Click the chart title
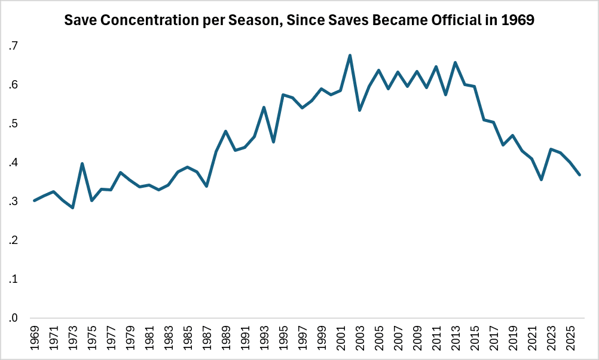[x=299, y=20]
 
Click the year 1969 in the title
[x=518, y=20]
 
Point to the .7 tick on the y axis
[x=13, y=46]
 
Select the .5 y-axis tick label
[x=13, y=124]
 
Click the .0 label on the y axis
[x=13, y=318]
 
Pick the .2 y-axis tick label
[x=13, y=240]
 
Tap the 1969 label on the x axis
[x=35, y=338]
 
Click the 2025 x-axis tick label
[x=570, y=338]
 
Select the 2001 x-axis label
[x=341, y=338]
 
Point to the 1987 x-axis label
[x=207, y=338]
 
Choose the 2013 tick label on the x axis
[x=456, y=338]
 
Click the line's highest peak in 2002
[x=350, y=56]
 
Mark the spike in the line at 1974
[x=82, y=164]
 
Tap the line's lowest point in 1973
[x=72, y=208]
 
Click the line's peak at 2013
[x=456, y=62]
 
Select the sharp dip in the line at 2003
[x=359, y=110]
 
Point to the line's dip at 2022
[x=542, y=179]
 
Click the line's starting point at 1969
[x=35, y=201]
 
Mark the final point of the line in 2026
[x=579, y=175]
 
